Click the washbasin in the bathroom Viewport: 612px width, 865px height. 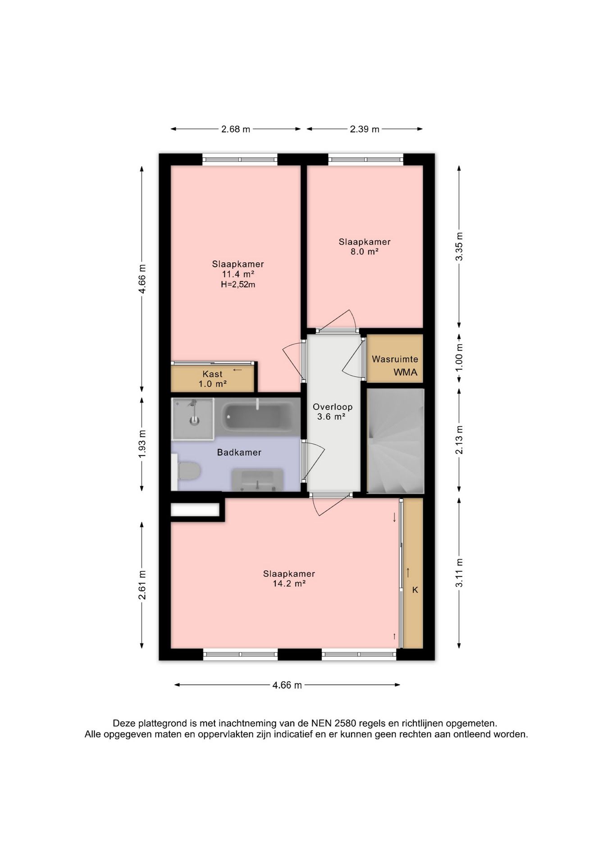point(257,479)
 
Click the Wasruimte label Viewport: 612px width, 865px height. point(395,359)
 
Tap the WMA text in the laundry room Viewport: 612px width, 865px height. point(406,373)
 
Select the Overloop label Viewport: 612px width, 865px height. point(333,407)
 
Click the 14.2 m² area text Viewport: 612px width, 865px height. point(289,583)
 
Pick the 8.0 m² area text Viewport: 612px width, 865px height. point(365,251)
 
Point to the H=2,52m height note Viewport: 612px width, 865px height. point(238,284)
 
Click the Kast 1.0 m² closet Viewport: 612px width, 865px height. point(213,378)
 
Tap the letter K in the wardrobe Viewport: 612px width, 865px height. point(415,590)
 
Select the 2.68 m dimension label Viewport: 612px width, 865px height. point(235,129)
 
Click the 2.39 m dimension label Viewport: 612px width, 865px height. point(365,129)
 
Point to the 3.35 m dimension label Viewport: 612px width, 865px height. point(459,246)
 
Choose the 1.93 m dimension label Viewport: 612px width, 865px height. point(142,444)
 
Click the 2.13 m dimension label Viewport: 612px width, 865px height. point(459,440)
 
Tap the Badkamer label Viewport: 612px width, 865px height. point(239,452)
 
